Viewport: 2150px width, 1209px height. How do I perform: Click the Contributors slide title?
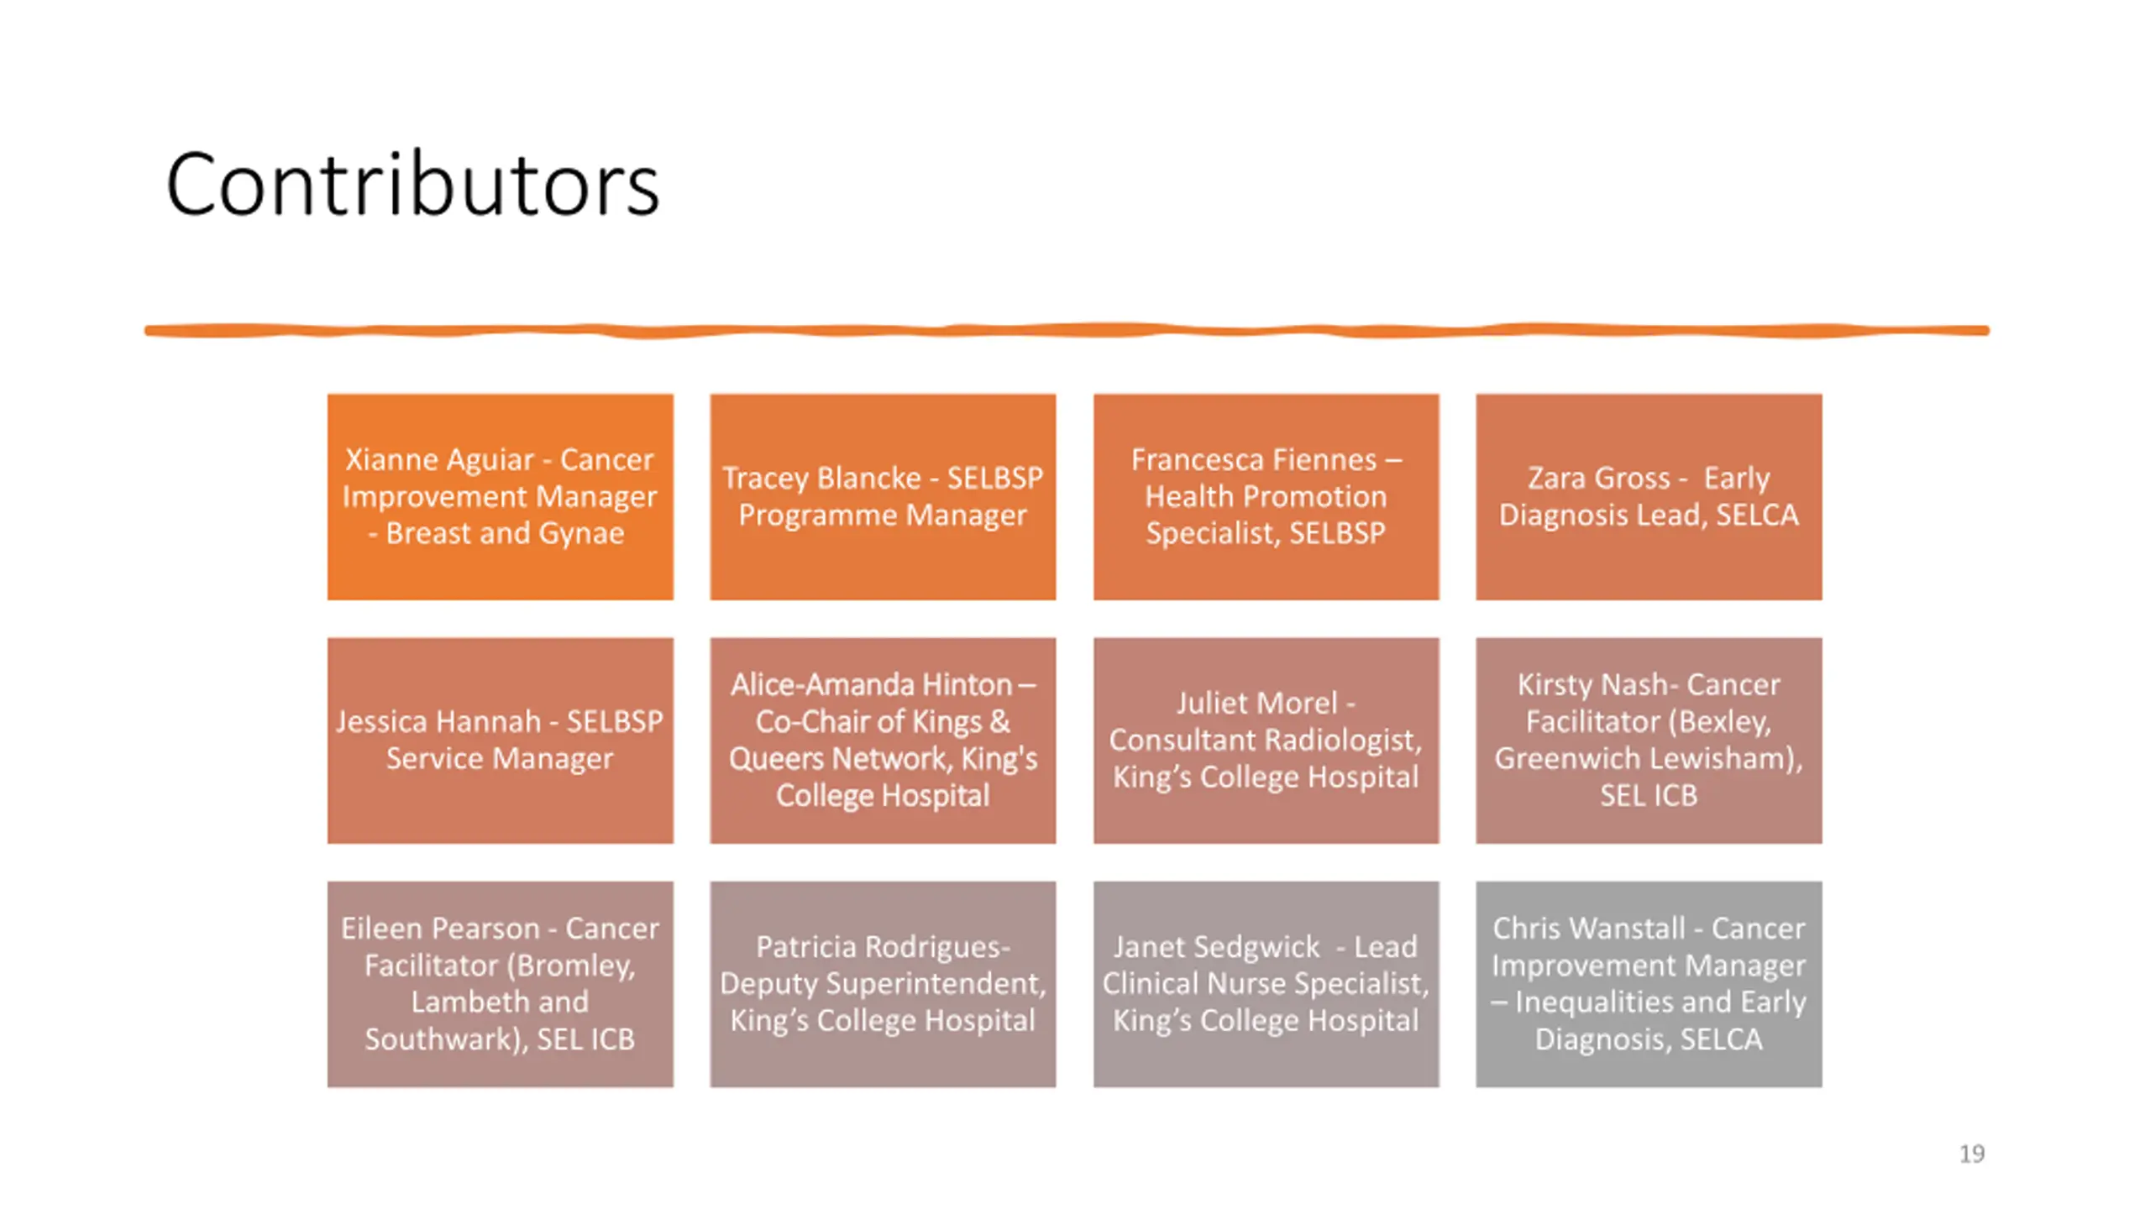412,185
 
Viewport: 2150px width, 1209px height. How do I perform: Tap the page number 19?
1972,1154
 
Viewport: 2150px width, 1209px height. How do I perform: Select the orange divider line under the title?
1067,331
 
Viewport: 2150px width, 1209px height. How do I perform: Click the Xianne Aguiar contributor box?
501,497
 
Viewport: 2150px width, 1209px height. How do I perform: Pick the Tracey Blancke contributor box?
883,497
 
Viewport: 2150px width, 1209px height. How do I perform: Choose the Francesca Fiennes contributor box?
1266,497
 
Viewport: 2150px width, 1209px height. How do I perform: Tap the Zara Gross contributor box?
1649,497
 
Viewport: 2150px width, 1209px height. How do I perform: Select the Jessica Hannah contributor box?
501,741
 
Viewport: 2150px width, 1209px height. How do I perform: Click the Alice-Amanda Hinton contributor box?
883,741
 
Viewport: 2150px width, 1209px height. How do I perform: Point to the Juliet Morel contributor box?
1266,741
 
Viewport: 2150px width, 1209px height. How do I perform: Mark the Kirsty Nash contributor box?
1649,741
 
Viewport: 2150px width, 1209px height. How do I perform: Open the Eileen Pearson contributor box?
501,984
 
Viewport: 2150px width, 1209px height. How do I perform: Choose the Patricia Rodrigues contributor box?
883,984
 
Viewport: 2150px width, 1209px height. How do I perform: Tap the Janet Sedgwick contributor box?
1266,984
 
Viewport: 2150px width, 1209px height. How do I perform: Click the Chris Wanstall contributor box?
1649,984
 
